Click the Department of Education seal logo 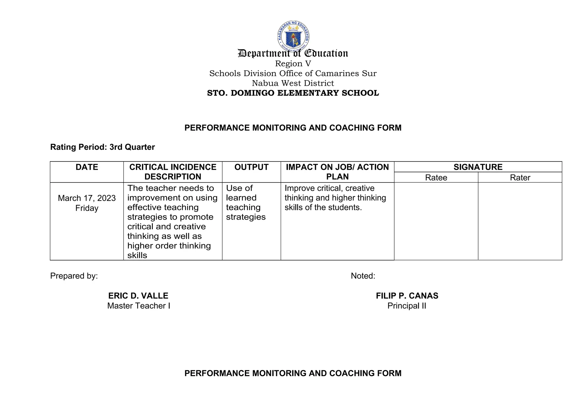tap(293, 36)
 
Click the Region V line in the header tap(293, 63)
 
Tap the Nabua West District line tap(293, 83)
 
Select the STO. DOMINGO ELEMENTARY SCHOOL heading tap(293, 93)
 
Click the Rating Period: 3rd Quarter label tap(102, 147)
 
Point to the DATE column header tap(87, 167)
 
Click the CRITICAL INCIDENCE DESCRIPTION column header tap(173, 172)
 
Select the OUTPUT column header tap(251, 167)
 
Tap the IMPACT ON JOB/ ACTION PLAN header tap(337, 172)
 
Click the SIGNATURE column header tap(478, 167)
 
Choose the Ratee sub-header tap(436, 178)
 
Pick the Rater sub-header tap(520, 178)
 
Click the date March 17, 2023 tap(87, 198)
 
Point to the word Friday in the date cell tap(87, 208)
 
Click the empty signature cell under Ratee tap(436, 221)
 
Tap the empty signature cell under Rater tap(520, 221)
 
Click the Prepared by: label tap(74, 276)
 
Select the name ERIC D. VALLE tap(138, 296)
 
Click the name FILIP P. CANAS tap(407, 296)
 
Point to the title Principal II tap(407, 306)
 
